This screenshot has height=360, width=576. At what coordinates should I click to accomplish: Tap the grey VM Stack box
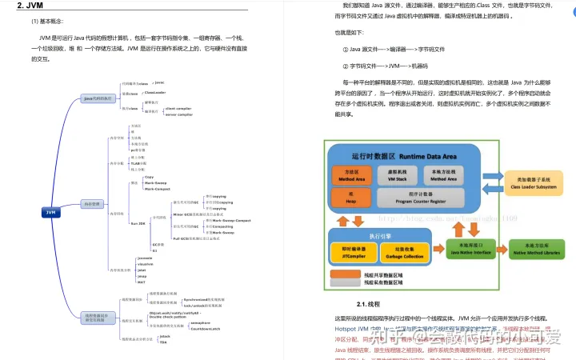click(398, 174)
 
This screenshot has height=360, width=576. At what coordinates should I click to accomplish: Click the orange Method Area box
click(348, 174)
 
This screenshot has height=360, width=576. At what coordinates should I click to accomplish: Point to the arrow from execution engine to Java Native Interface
click(434, 249)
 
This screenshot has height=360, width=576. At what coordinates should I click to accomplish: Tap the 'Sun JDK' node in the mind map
click(137, 223)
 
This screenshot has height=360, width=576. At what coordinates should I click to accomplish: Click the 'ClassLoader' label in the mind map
click(155, 93)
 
